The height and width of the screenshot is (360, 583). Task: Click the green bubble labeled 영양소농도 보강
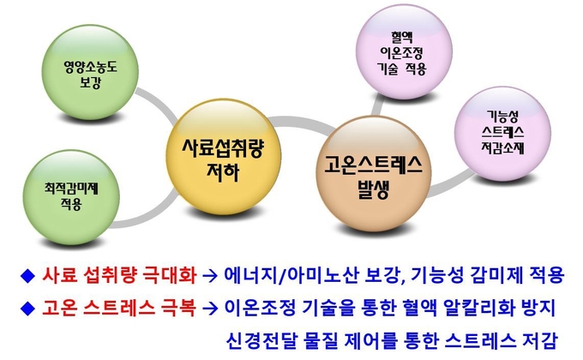click(x=90, y=72)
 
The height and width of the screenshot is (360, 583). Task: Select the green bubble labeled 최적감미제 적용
click(x=71, y=197)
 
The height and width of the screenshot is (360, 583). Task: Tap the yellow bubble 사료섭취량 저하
click(x=223, y=157)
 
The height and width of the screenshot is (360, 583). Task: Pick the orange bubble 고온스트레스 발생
click(x=373, y=174)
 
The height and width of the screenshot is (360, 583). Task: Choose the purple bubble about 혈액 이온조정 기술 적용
click(x=404, y=51)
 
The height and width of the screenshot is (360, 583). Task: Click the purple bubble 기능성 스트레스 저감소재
click(x=502, y=134)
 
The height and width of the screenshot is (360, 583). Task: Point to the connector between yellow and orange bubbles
click(x=301, y=122)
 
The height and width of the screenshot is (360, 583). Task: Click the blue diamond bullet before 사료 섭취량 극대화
click(x=27, y=276)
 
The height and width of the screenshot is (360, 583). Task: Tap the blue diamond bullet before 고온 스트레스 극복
click(x=27, y=309)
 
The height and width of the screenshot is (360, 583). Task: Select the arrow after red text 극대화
click(x=210, y=276)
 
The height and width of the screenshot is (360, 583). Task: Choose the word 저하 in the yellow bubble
click(x=223, y=171)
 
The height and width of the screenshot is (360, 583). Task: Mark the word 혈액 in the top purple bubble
click(x=402, y=37)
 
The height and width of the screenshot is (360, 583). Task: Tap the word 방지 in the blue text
click(x=539, y=308)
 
